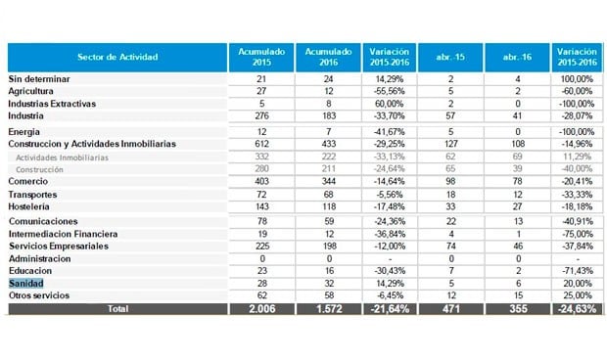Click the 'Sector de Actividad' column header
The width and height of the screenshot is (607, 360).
(117, 57)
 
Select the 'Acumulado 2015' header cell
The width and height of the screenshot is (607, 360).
(261, 57)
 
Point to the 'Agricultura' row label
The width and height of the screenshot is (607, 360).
(32, 90)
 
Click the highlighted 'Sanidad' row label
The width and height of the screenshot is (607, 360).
(27, 283)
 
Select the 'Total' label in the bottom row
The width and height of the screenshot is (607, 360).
(117, 309)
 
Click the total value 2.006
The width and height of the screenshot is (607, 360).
(261, 309)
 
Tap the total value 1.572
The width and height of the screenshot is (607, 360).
(330, 309)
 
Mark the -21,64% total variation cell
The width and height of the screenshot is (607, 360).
(391, 309)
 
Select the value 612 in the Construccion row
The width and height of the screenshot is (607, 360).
(261, 144)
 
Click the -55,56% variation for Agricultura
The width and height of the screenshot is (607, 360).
(391, 90)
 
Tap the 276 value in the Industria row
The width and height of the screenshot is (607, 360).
(261, 115)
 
